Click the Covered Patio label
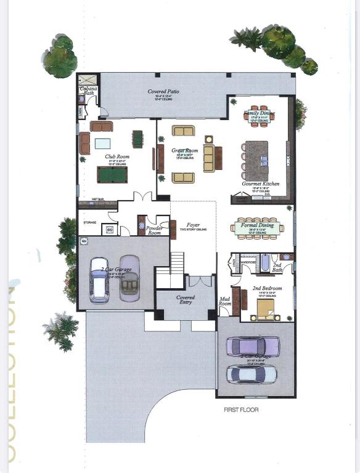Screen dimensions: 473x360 pyautogui.click(x=163, y=92)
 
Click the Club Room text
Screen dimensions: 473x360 pyautogui.click(x=116, y=156)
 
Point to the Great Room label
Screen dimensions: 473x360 pyautogui.click(x=183, y=150)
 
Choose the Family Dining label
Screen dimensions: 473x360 pyautogui.click(x=258, y=113)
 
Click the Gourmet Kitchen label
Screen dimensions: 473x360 pyautogui.click(x=261, y=184)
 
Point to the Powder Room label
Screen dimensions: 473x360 pyautogui.click(x=154, y=230)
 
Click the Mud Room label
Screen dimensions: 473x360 pyautogui.click(x=225, y=302)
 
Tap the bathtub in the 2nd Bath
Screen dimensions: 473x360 pyautogui.click(x=265, y=264)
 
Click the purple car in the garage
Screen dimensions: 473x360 pyautogui.click(x=252, y=346)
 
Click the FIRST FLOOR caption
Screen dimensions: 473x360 pyautogui.click(x=241, y=410)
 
